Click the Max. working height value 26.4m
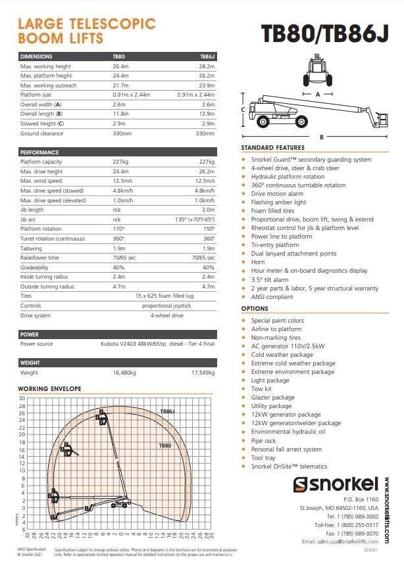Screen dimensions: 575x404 [121, 66]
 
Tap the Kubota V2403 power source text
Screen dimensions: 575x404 [165, 344]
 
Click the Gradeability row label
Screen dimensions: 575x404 [34, 267]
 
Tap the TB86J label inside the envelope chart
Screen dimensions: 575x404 [168, 411]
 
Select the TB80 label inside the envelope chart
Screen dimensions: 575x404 [164, 446]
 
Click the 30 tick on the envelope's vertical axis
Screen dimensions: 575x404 [21, 398]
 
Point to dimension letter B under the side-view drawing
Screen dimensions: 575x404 [321, 137]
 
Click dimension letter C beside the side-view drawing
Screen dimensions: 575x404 [243, 109]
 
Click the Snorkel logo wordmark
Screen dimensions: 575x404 [336, 485]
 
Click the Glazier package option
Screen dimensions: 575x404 [272, 397]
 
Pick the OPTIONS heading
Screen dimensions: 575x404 [255, 308]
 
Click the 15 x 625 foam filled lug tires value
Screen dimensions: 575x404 [165, 296]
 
